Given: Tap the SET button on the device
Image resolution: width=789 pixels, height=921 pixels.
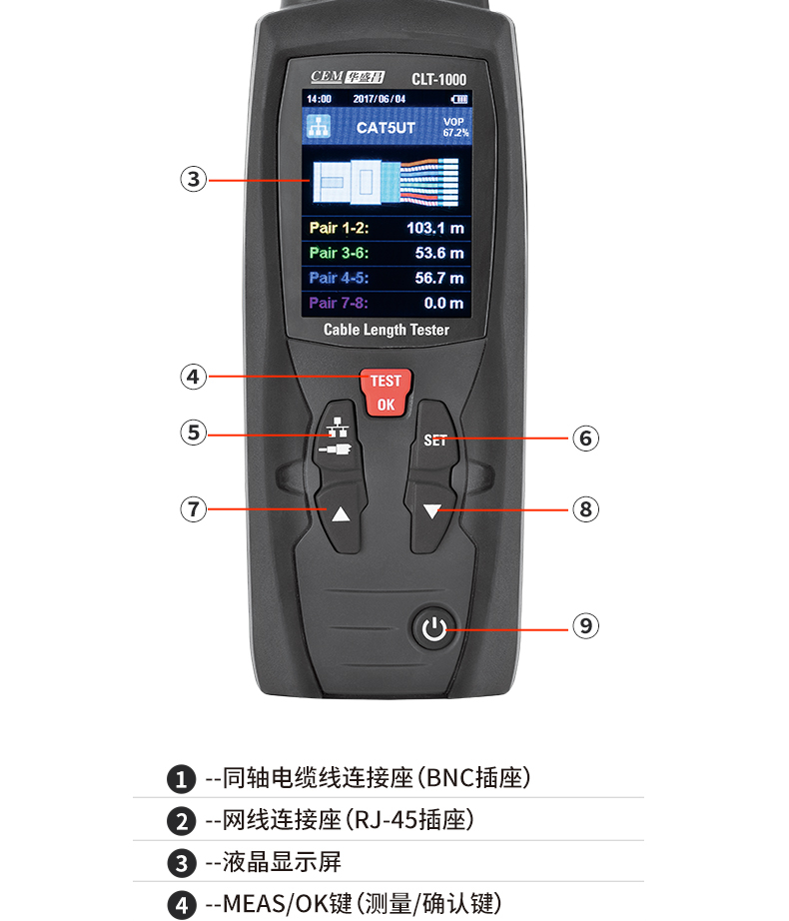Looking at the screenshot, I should pos(435,440).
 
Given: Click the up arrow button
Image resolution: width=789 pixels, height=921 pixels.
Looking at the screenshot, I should pos(341,514).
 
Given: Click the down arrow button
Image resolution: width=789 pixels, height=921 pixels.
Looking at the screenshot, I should pos(431,511).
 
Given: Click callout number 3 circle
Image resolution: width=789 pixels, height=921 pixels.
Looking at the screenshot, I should pos(193,180).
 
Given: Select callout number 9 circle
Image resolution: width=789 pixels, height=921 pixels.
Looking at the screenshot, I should pos(585,625).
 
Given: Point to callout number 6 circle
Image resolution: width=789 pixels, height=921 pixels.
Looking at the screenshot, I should pos(585,438).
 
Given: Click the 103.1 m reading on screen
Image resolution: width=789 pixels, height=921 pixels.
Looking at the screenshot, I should pos(434,228).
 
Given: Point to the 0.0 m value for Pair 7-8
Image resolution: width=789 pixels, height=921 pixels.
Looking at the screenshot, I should pos(443,303).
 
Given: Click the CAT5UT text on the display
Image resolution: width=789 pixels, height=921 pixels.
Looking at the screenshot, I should pos(386,128).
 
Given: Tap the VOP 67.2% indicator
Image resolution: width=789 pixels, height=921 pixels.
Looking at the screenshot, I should pos(455,127).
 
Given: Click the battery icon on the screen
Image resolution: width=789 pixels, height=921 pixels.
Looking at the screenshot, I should pos(458,99).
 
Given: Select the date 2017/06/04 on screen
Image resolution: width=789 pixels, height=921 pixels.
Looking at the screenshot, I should pos(380,99).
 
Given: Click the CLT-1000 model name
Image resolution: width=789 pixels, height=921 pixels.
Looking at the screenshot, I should pos(438,78).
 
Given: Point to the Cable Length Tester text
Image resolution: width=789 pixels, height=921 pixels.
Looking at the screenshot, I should pos(387,330).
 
